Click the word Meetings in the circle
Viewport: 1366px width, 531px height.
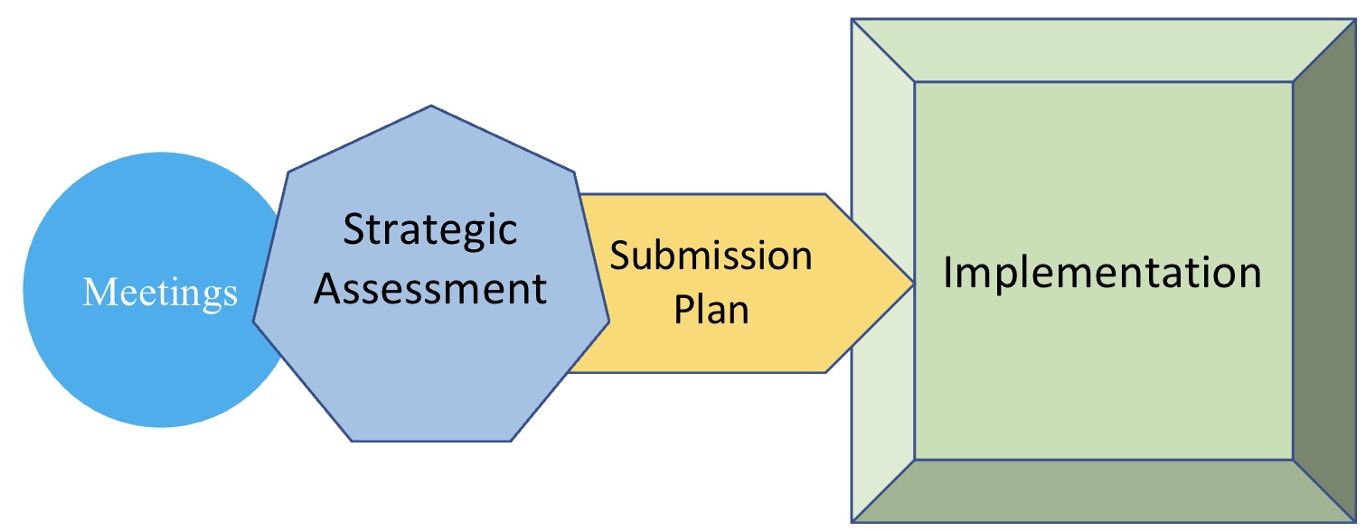[x=160, y=293]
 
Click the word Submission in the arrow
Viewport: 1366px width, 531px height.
[x=711, y=256]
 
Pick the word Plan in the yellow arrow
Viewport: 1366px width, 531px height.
[x=712, y=310]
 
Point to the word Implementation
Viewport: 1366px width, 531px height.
[x=1102, y=273]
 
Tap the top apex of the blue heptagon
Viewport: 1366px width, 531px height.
[x=432, y=107]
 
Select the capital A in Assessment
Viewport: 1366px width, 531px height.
[x=331, y=289]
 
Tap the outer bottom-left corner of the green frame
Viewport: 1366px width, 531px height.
[x=853, y=521]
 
